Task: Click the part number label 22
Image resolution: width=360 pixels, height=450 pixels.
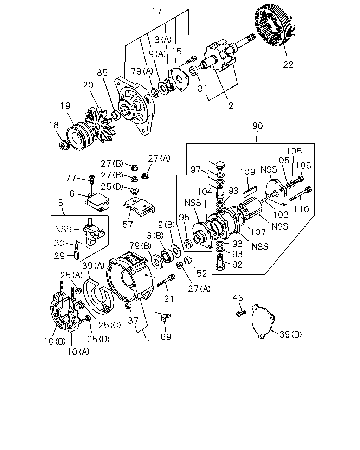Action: coord(288,64)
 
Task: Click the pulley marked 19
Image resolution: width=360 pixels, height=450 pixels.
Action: coord(79,136)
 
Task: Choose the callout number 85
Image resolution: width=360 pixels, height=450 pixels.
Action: coord(102,73)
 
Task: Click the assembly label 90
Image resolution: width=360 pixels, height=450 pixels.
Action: coord(257,126)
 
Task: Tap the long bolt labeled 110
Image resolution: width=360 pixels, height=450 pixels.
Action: coord(300,194)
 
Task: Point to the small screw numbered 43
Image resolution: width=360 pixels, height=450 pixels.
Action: coord(241,314)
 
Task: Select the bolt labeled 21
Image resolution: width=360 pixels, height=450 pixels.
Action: coord(166,280)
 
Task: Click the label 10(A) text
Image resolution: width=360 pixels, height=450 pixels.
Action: coord(78,352)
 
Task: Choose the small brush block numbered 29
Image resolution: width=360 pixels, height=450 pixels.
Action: coord(77,256)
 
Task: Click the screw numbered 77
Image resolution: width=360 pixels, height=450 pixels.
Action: coord(92,179)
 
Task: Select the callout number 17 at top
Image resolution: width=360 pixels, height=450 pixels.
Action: coord(157,11)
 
